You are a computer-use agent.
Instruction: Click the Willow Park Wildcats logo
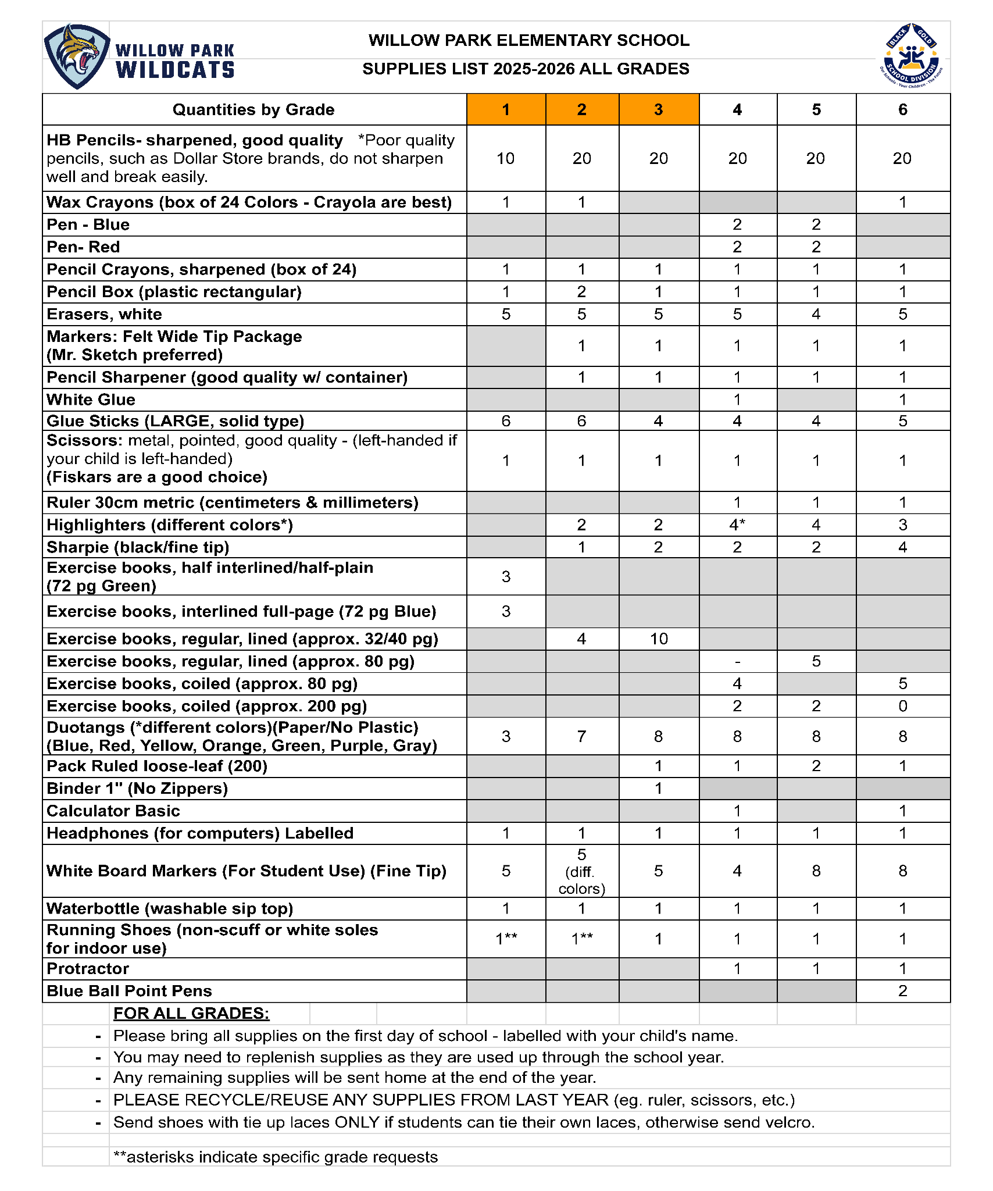click(140, 57)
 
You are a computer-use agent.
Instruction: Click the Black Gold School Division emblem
click(910, 56)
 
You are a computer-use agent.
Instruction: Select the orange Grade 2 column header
click(581, 109)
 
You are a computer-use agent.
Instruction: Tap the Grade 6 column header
click(902, 109)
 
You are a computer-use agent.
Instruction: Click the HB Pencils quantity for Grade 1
click(505, 158)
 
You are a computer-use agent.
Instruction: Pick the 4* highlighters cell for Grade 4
click(737, 525)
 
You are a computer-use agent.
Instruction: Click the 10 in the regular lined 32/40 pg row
click(658, 639)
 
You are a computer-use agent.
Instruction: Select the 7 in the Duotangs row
click(581, 736)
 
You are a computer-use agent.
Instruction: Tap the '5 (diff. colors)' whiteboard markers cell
click(581, 871)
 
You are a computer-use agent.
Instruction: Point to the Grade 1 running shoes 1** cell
click(505, 938)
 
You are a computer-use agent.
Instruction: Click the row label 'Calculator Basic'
click(113, 811)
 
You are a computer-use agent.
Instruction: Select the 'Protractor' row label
click(88, 968)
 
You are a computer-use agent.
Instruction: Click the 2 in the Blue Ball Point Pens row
click(902, 991)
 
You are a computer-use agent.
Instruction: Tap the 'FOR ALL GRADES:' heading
click(191, 1013)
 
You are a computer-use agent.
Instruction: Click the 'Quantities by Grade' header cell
click(253, 109)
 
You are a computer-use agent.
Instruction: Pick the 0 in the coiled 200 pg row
click(902, 706)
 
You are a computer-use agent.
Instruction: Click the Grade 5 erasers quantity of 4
click(816, 314)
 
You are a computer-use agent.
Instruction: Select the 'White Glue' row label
click(91, 400)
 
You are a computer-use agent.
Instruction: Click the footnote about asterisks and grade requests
click(276, 1157)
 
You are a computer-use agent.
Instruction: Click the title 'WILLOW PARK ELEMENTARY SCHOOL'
click(528, 40)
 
